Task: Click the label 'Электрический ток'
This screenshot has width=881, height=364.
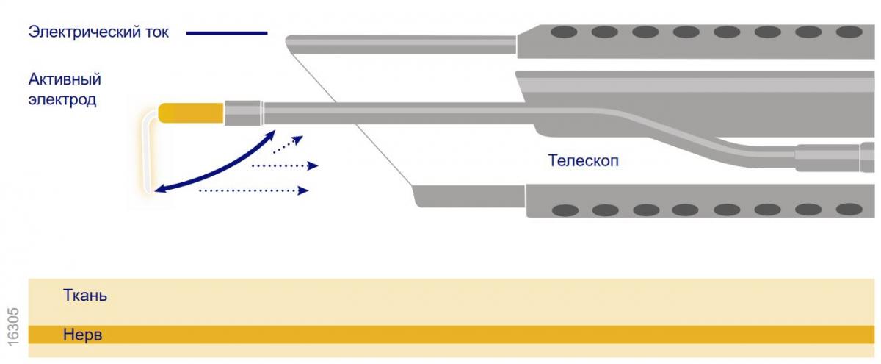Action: click(98, 32)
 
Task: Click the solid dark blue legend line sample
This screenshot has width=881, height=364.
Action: click(227, 33)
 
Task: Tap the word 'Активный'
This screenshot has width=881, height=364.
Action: click(65, 79)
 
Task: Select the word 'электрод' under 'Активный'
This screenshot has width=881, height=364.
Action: click(62, 99)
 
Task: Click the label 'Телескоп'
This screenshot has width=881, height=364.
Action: click(583, 161)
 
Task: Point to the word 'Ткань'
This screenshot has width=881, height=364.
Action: click(85, 295)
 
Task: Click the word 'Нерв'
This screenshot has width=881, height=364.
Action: click(82, 335)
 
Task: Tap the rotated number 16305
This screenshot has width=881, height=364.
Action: click(13, 327)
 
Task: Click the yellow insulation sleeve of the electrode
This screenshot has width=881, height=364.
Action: click(191, 113)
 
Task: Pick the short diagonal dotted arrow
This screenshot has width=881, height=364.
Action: click(289, 144)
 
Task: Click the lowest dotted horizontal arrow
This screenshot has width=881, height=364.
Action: click(254, 190)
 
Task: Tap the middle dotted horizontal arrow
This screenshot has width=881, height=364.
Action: click(285, 166)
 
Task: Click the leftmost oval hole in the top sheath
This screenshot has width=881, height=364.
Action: click(564, 32)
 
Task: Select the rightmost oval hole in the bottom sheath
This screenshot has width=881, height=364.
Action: click(849, 209)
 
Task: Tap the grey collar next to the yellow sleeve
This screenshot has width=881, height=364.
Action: click(244, 113)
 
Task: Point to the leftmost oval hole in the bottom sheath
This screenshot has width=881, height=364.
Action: click(565, 210)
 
